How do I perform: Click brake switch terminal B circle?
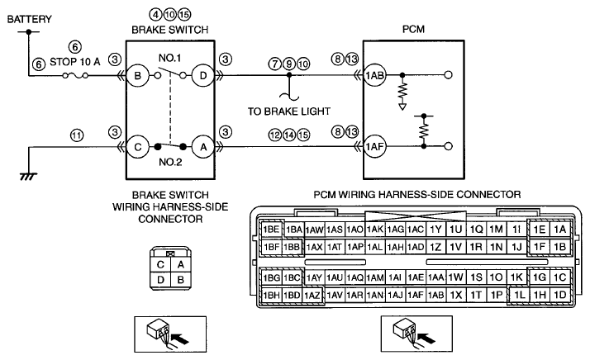(137, 76)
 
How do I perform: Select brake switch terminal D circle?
(202, 76)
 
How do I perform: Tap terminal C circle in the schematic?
(137, 147)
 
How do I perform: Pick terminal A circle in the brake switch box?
(202, 147)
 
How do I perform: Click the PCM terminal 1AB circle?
(374, 76)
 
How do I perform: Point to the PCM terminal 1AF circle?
(374, 147)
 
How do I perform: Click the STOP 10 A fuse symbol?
(75, 76)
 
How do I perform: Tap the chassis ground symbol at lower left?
(29, 176)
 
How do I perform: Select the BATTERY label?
(30, 19)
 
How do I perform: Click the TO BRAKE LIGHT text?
(289, 111)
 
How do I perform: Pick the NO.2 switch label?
(170, 162)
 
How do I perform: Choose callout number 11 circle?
(77, 135)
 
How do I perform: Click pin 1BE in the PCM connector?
(271, 229)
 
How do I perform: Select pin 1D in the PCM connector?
(560, 295)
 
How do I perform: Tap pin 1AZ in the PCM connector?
(312, 296)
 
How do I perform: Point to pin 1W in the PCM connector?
(455, 277)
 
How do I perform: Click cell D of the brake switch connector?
(160, 280)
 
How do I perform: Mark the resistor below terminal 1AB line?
(402, 90)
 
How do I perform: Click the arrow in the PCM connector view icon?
(426, 339)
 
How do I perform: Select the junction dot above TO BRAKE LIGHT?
(289, 75)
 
